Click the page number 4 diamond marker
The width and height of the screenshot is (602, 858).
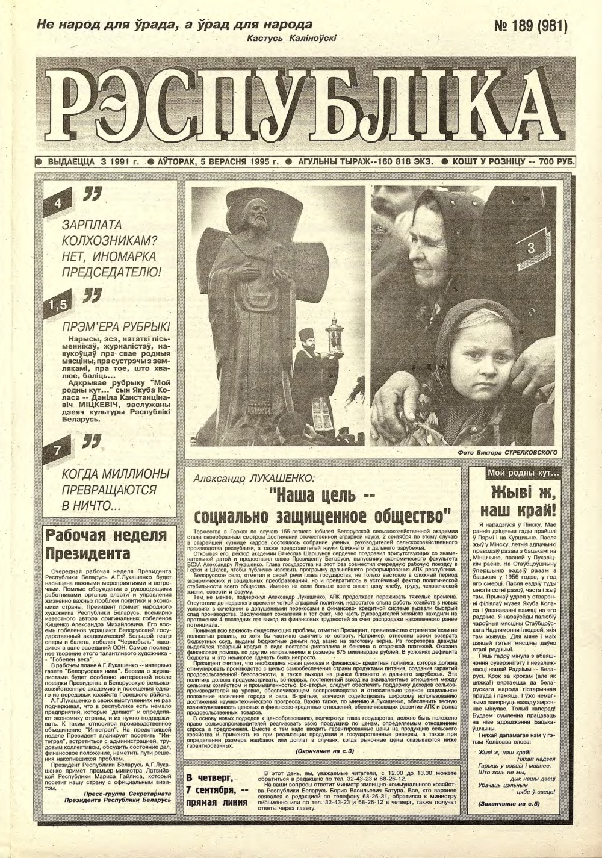(58, 203)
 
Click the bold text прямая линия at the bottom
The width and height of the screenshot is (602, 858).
(217, 803)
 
